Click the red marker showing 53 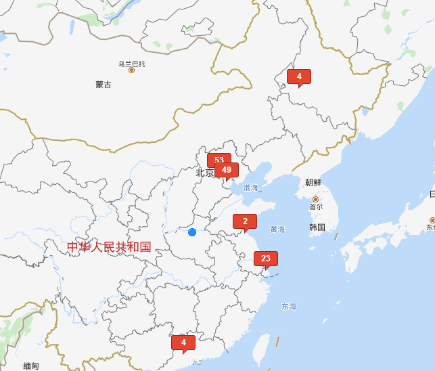point(218,160)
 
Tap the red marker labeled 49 point(227,170)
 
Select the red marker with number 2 point(245,221)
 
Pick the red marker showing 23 point(265,259)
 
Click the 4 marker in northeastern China point(298,77)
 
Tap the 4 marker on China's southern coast point(183,343)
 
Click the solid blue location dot point(192,232)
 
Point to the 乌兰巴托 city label point(132,64)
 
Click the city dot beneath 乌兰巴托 point(132,70)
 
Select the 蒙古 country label point(104,85)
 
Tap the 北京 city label point(204,173)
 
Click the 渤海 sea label point(251,188)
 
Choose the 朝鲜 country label point(313,183)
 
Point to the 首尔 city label point(316,207)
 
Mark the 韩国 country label point(317,227)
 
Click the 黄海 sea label point(277,230)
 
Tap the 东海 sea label point(289,307)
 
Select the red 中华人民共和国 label point(109,247)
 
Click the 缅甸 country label point(31,366)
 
